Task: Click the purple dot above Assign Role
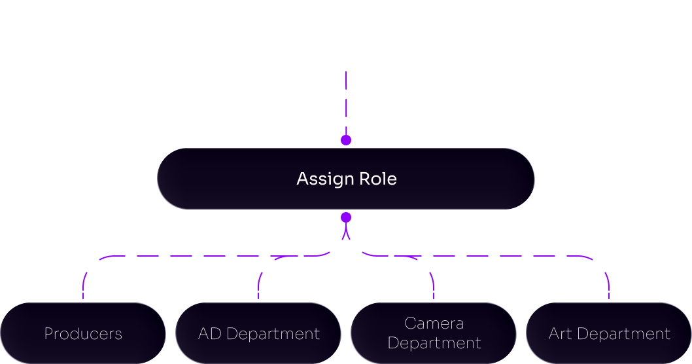[346, 139]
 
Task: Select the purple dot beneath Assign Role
[346, 217]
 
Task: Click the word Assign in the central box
[320, 179]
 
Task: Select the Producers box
[82, 333]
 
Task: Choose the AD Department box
[258, 333]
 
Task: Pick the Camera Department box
[434, 333]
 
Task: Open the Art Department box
[609, 333]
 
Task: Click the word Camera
[434, 323]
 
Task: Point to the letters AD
[208, 334]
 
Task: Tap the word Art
[560, 334]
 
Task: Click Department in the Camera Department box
[434, 343]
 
